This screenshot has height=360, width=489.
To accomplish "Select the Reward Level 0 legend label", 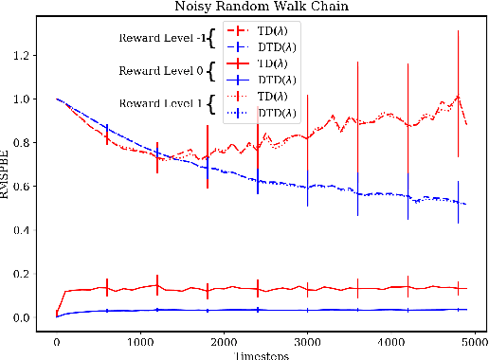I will (x=162, y=71).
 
